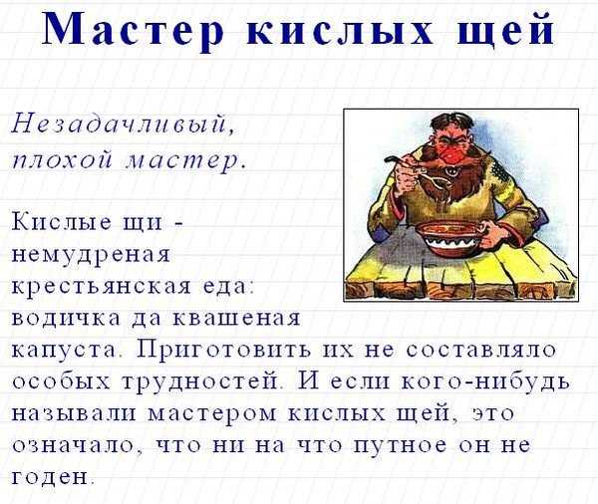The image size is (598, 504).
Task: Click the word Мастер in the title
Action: tap(133, 29)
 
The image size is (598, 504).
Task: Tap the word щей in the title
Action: tap(506, 29)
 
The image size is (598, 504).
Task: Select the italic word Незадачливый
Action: tap(124, 125)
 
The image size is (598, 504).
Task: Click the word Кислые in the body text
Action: tap(62, 221)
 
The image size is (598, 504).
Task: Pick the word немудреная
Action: tap(91, 255)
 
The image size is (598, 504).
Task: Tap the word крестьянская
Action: tap(101, 287)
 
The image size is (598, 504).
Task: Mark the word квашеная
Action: tap(237, 319)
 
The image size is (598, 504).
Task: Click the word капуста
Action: tap(64, 351)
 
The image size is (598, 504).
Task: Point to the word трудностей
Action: tap(200, 381)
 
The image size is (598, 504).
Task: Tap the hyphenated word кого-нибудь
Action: tap(486, 381)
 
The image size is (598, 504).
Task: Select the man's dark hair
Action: tap(452, 123)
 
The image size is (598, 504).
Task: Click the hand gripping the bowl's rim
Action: tap(492, 233)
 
